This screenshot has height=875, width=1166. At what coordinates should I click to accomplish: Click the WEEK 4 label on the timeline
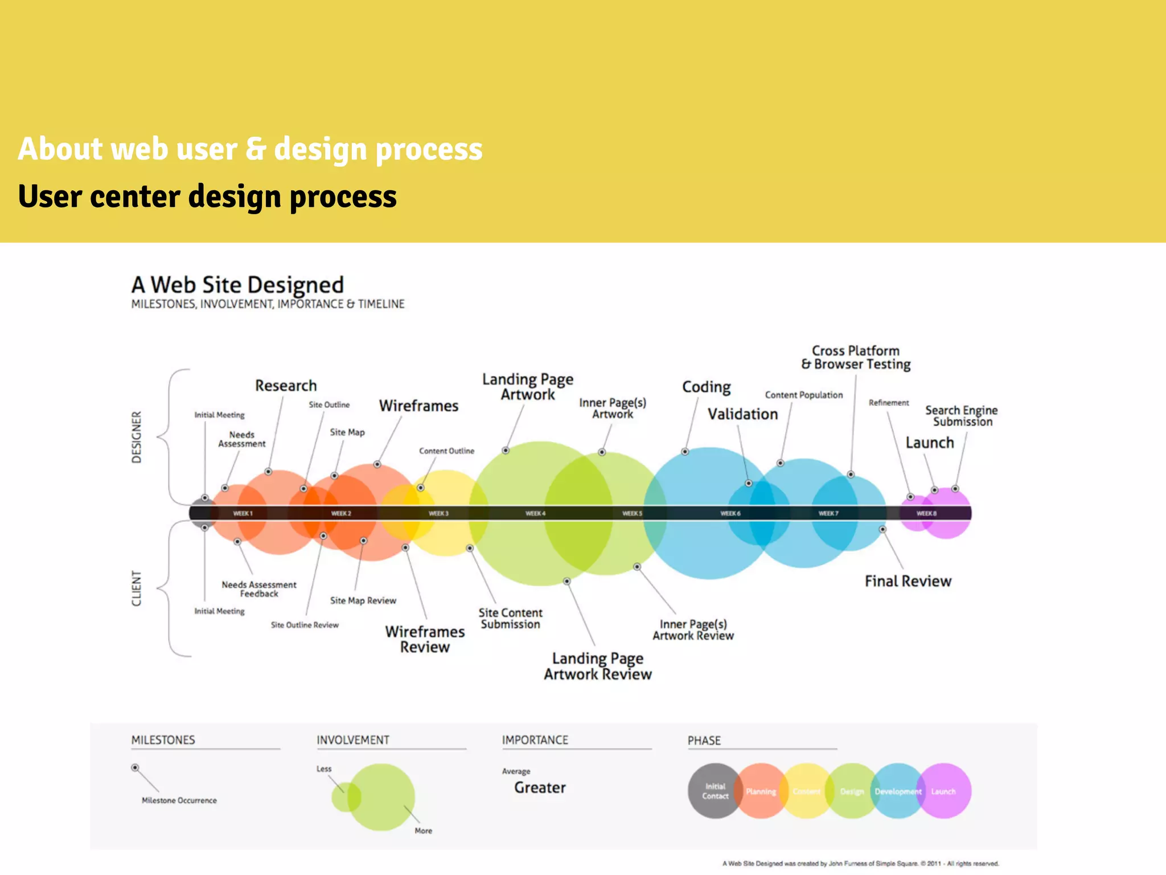pos(535,513)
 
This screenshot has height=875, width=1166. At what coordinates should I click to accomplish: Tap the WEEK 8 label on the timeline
pos(926,513)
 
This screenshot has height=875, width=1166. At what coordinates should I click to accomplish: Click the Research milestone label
pos(286,386)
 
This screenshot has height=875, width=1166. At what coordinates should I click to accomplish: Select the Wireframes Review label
pos(425,639)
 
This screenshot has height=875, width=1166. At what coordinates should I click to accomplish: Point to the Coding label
pos(706,387)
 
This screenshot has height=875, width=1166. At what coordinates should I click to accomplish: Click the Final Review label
pos(908,581)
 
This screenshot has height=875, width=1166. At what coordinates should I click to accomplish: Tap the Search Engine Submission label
pos(962,416)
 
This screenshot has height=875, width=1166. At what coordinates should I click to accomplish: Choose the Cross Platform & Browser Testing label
pos(856,357)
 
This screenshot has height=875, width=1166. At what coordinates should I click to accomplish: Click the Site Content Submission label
pos(510,618)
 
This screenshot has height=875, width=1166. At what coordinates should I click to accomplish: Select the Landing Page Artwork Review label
pos(598,666)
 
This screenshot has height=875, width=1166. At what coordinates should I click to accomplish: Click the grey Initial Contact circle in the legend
pos(715,791)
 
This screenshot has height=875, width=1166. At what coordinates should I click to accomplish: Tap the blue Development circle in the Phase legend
pos(898,791)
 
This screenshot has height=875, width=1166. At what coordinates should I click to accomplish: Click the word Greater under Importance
pos(540,787)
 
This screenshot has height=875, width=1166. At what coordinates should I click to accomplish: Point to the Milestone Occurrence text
pos(179,800)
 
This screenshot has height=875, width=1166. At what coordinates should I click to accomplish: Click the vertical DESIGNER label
pos(137,437)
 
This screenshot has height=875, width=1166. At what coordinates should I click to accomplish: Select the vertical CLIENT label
pos(137,588)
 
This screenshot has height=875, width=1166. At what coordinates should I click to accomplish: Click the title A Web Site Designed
pos(237,285)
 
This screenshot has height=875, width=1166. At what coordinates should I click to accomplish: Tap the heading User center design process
pos(207,197)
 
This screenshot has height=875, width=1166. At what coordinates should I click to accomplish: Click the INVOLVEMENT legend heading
pos(353,740)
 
